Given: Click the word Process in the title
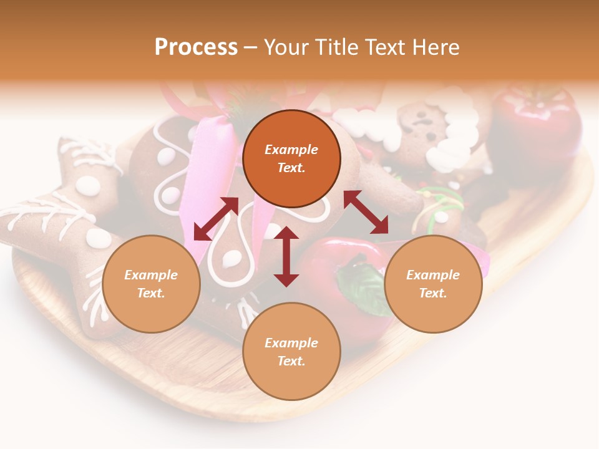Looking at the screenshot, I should click(196, 47).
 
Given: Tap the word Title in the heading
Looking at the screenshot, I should click(335, 47).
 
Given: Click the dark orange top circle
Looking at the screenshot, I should click(291, 159).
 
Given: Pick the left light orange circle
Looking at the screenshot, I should click(151, 284).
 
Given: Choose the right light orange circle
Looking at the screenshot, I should click(433, 284).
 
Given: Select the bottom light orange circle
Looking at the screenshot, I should click(291, 352).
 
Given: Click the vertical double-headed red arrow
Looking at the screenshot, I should click(286, 256).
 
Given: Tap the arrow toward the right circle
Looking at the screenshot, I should click(366, 212).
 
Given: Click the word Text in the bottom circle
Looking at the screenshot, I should click(291, 361).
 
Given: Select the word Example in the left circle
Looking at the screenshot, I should click(151, 275).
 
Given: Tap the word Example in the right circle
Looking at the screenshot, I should click(433, 275).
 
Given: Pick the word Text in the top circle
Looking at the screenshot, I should click(291, 168).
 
